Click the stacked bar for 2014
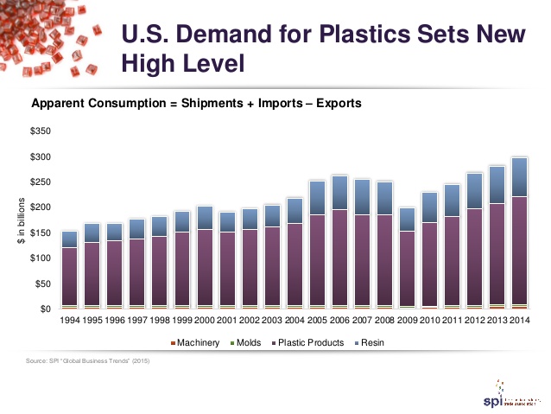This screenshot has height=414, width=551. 519,233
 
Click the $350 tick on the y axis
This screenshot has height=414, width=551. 41,131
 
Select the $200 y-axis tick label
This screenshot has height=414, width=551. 41,207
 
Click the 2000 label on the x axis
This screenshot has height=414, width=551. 205,321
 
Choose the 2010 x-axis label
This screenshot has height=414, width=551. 429,321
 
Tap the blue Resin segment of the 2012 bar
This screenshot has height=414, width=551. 474,191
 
